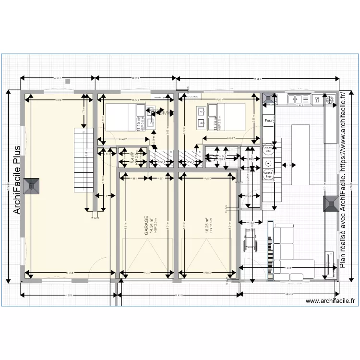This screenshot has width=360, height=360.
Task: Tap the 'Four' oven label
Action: point(268,121)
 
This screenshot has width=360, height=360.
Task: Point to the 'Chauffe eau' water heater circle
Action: point(268,150)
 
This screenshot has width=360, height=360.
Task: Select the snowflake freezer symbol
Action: point(331,100)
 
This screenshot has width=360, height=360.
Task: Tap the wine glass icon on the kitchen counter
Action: point(317,100)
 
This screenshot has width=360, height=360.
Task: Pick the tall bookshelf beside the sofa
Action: point(271,250)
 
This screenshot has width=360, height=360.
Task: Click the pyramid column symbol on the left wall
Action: point(33,186)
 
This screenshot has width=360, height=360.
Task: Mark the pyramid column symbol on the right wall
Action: point(330,204)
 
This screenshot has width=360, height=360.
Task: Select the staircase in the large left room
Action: point(83,158)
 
